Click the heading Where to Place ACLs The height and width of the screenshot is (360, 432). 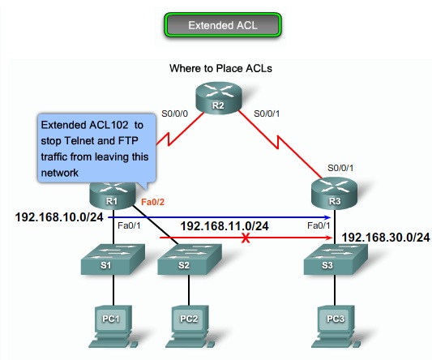pos(220,69)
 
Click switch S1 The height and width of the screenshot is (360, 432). pos(112,262)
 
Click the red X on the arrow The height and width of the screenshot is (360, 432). pos(245,239)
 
